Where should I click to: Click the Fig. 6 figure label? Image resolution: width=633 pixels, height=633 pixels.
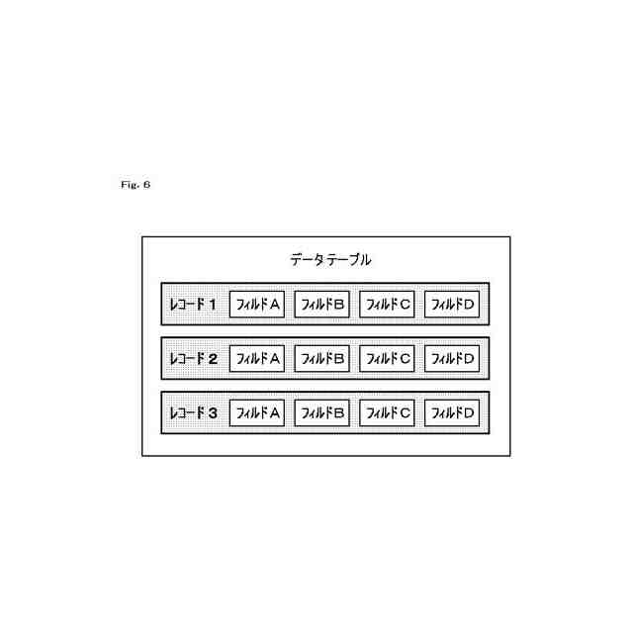(x=133, y=184)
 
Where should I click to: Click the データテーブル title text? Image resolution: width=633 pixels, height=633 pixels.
(x=330, y=260)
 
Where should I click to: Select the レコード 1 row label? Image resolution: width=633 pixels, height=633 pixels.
(x=193, y=305)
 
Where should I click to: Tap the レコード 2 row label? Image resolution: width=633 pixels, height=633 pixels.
(x=193, y=358)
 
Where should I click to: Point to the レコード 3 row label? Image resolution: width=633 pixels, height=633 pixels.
(x=193, y=412)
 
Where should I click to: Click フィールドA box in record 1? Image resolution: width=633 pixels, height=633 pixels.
(x=257, y=305)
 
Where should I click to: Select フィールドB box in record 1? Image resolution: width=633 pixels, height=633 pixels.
(x=322, y=305)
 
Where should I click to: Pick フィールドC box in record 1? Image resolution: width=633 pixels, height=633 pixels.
(x=388, y=305)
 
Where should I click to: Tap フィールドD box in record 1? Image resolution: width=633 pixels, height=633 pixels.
(x=452, y=305)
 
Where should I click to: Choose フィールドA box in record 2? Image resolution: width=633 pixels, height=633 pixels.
(x=257, y=358)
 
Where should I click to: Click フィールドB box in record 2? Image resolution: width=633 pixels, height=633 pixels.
(x=322, y=358)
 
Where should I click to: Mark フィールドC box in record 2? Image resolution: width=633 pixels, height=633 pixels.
(x=388, y=358)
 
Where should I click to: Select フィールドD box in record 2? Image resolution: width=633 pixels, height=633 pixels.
(x=452, y=358)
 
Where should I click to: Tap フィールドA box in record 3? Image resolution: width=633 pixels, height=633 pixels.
(x=257, y=412)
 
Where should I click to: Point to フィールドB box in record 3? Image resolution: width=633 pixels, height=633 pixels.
(x=322, y=412)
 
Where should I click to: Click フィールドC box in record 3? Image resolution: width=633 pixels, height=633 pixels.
(x=388, y=412)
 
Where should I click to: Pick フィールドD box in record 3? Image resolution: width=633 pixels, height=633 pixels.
(x=452, y=412)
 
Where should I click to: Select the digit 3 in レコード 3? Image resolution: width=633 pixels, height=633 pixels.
(x=212, y=412)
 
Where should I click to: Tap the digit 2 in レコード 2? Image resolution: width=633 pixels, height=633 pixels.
(x=212, y=358)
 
